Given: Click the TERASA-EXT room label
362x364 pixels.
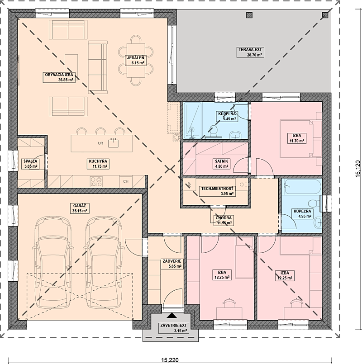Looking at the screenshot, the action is [x=250, y=52].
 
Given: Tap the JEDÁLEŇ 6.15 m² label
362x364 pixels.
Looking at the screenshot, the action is [x=136, y=60].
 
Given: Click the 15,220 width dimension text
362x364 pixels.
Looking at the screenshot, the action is [x=170, y=360].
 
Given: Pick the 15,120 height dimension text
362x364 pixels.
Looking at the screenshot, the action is [x=358, y=169].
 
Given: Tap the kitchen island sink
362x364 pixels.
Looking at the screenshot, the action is [x=113, y=143].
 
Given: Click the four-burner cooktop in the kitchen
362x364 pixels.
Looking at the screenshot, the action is [x=96, y=181].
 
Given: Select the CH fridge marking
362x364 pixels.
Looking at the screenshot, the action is [x=126, y=181].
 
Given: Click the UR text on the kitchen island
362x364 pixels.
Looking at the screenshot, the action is [x=100, y=143].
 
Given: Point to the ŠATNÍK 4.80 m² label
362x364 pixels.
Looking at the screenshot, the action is [x=221, y=164].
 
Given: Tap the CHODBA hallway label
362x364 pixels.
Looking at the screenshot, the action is [x=224, y=221].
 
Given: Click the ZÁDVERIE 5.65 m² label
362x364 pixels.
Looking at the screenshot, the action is [x=172, y=264].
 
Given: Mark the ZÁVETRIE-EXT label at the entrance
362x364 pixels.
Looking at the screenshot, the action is [x=174, y=328].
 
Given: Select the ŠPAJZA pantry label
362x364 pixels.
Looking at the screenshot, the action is [x=30, y=164].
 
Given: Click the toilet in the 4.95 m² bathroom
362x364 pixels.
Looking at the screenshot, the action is [x=314, y=204].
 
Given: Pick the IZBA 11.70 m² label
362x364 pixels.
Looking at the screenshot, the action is [x=297, y=138].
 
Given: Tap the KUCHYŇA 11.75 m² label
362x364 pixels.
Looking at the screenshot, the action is [x=98, y=164].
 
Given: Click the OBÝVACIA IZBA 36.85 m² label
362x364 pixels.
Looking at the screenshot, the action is [x=59, y=77].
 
